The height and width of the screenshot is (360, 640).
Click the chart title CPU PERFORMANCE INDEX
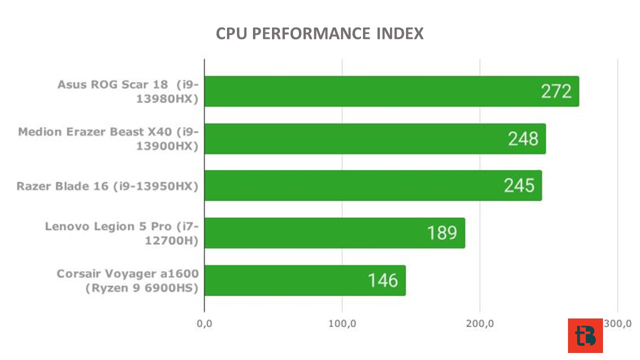click(319, 33)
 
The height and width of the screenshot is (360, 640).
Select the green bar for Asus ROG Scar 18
click(391, 91)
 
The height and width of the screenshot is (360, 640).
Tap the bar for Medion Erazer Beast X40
click(375, 139)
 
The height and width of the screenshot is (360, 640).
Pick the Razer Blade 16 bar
click(373, 185)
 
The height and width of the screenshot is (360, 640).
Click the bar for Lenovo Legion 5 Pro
click(335, 233)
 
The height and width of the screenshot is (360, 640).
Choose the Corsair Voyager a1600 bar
click(305, 280)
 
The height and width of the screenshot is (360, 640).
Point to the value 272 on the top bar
click(556, 91)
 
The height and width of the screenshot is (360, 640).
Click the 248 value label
click(523, 139)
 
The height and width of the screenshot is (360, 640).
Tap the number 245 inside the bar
click(519, 185)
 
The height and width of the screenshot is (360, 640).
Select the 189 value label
click(442, 233)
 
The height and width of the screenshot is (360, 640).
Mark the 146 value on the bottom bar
click(383, 280)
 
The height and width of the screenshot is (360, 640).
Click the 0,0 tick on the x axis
click(204, 323)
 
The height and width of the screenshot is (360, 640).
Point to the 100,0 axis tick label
click(342, 323)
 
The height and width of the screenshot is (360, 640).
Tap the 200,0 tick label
click(480, 323)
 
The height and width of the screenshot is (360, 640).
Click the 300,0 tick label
click(617, 323)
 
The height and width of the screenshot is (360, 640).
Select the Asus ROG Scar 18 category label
click(128, 91)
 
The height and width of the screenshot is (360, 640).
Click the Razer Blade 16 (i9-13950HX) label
click(107, 186)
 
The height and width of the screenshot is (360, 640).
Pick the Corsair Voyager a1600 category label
click(127, 281)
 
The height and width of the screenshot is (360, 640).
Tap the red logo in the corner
click(585, 335)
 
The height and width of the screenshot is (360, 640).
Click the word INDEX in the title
click(399, 33)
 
